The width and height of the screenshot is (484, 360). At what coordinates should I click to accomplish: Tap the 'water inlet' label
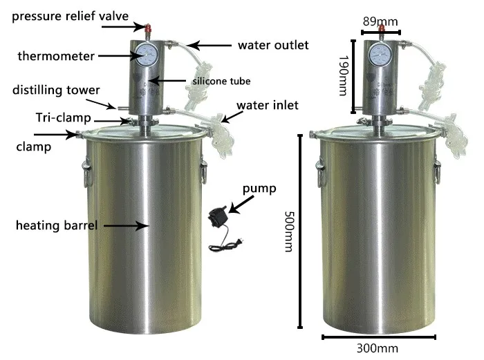click(x=267, y=106)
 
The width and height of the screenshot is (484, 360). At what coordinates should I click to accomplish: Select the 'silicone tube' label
click(x=222, y=81)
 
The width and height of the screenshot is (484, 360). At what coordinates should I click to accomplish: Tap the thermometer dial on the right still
click(x=380, y=55)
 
